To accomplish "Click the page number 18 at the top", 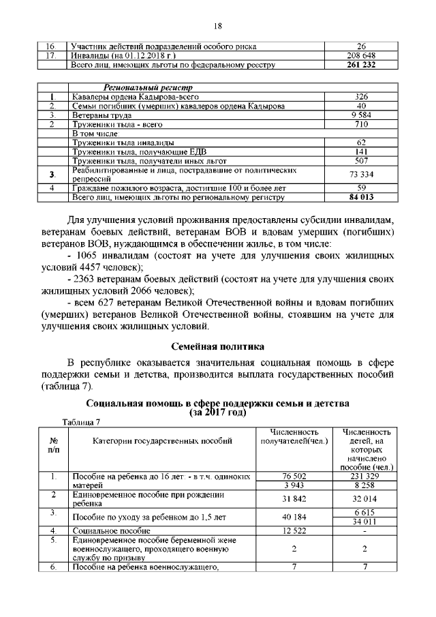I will [218, 26].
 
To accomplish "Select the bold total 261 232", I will [361, 65].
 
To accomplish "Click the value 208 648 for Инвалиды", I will [361, 55].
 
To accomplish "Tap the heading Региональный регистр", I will [148, 88].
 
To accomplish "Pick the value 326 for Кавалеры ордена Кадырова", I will [362, 97].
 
